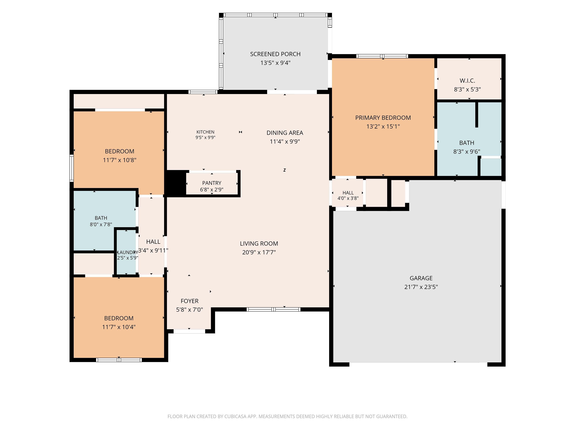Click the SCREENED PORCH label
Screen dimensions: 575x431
pyautogui.click(x=275, y=54)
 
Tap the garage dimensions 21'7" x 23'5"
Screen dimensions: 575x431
pyautogui.click(x=421, y=287)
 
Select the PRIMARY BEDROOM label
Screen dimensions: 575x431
pyautogui.click(x=383, y=118)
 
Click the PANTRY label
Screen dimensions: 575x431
pyautogui.click(x=212, y=183)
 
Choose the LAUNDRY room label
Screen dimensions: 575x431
pyautogui.click(x=128, y=252)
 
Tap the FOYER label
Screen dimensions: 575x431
pyautogui.click(x=190, y=301)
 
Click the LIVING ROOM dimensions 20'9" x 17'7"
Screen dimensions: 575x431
pyautogui.click(x=259, y=252)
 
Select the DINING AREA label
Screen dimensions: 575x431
pyautogui.click(x=285, y=133)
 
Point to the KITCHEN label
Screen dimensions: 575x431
pyautogui.click(x=205, y=132)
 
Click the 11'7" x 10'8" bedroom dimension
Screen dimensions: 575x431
pyautogui.click(x=120, y=160)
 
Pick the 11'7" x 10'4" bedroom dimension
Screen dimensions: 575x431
pyautogui.click(x=119, y=327)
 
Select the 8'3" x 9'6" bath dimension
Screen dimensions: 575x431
pyautogui.click(x=467, y=152)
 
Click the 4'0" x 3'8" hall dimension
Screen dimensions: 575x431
pyautogui.click(x=348, y=198)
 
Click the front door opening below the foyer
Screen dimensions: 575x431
pyautogui.click(x=189, y=331)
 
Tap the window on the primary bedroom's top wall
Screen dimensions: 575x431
pyautogui.click(x=382, y=56)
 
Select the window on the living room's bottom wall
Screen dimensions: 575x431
pyautogui.click(x=274, y=309)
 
